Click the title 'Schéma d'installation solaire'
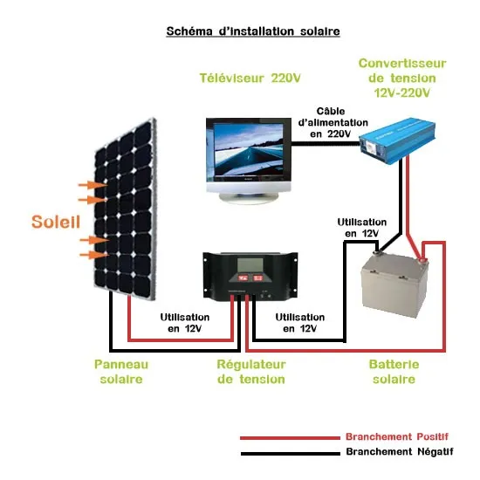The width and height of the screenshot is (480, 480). coord(252,31)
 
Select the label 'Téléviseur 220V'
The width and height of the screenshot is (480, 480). coord(250,78)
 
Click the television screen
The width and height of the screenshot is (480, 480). coord(245,152)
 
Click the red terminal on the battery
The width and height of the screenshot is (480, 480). coord(424,255)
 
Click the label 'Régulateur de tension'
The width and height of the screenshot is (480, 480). coord(250,372)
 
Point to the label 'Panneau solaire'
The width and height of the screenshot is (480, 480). coord(121,372)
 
